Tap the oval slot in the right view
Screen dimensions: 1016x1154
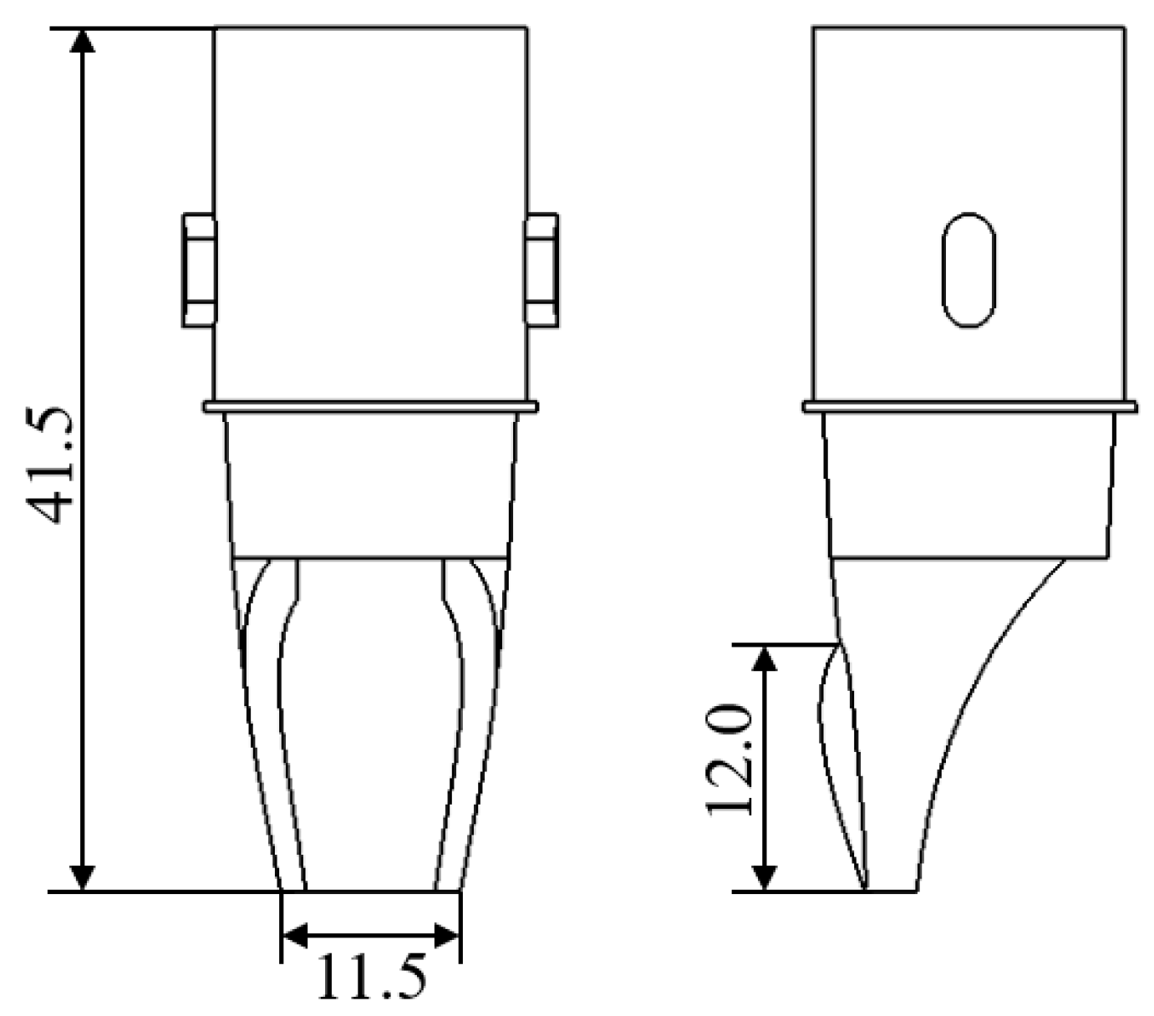pos(968,269)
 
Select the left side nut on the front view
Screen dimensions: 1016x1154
pos(199,270)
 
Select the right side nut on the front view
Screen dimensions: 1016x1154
pos(542,270)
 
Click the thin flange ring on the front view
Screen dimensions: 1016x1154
pos(370,407)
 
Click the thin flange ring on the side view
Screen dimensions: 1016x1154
pos(969,407)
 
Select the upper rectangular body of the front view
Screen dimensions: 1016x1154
pos(370,209)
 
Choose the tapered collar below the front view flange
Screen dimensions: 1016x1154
pos(370,485)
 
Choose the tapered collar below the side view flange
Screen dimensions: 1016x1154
pos(969,485)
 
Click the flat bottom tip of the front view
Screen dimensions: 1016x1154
pos(370,891)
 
